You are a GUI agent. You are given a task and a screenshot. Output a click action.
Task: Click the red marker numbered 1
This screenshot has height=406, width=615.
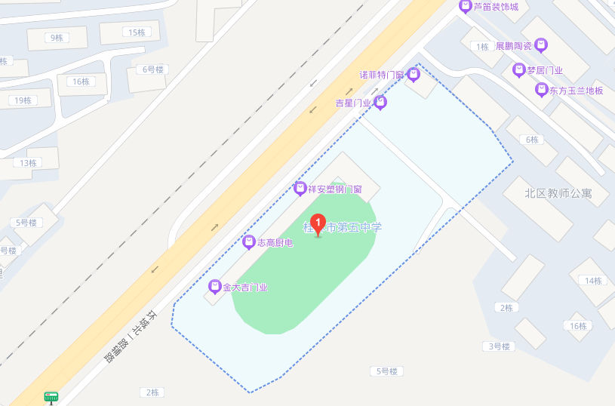(318, 224)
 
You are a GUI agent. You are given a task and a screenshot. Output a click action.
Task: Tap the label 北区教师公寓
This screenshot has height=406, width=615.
(558, 193)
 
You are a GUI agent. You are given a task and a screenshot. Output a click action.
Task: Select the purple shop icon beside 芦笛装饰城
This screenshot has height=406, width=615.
(466, 7)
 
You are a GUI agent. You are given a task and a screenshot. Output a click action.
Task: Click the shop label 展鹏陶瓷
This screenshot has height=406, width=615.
(513, 46)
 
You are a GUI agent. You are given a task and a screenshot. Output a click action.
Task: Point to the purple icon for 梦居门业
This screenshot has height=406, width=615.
(518, 70)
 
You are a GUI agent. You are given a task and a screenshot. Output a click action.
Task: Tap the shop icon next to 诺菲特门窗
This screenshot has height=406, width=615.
(413, 75)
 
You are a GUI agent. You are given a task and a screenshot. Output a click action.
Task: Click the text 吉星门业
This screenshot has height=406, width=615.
(354, 103)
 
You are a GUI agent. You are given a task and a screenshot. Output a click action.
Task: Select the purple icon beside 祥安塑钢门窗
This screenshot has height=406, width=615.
(300, 189)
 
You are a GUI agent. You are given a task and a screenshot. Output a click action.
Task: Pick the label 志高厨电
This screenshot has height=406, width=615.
(275, 242)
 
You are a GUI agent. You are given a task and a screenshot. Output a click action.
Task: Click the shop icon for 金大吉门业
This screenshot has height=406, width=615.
(215, 287)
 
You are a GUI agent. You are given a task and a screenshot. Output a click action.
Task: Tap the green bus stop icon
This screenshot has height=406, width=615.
(51, 397)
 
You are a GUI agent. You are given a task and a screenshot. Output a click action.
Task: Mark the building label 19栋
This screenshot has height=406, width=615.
(23, 100)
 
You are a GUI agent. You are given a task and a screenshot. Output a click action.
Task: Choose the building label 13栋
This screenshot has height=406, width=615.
(29, 163)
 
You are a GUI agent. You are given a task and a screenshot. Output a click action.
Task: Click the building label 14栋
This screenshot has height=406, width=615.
(592, 281)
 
